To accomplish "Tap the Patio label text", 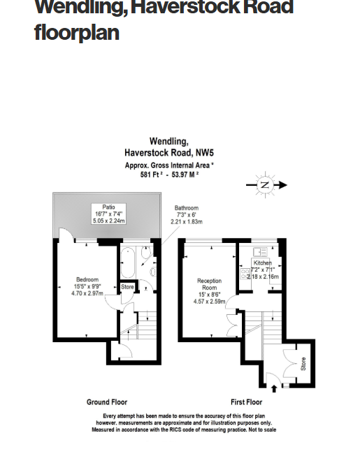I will (x=108, y=207).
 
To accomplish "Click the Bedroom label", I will (x=87, y=280).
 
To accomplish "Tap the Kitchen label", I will (x=262, y=263).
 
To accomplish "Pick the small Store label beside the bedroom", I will (x=127, y=286).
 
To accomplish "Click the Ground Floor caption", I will (x=107, y=402).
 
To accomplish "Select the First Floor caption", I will (x=246, y=402).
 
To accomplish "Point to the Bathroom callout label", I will (x=186, y=208).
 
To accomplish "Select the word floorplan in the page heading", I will (x=76, y=33).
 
